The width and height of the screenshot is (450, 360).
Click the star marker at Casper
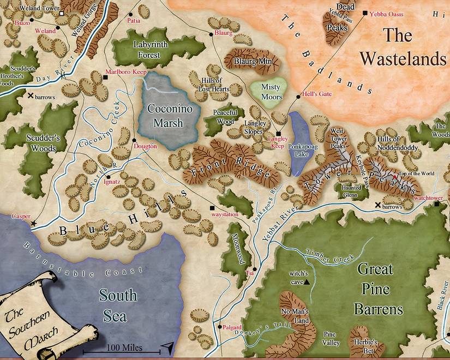[34, 224]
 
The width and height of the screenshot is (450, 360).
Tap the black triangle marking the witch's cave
[308, 282]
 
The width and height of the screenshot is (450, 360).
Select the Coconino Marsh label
[165, 114]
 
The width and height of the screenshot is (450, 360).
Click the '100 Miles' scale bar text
[125, 347]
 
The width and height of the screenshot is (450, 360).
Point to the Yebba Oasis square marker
[365, 13]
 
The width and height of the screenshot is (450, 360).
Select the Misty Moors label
[271, 92]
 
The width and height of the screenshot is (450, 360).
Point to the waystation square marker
[212, 207]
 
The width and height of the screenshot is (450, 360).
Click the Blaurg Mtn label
[252, 62]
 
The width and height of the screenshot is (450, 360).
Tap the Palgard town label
[232, 327]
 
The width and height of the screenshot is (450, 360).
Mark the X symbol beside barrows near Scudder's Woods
[30, 95]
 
